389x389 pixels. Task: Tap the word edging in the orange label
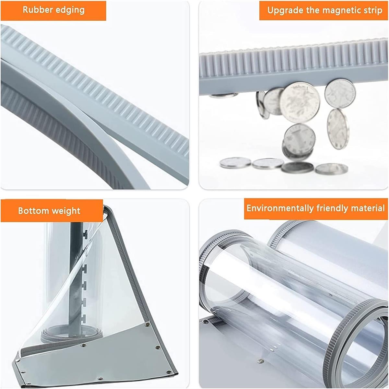[70, 10]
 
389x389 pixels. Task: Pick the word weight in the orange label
[64, 211]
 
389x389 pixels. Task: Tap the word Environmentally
[280, 208]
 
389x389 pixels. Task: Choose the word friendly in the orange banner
[336, 208]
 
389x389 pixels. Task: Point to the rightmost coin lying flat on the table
[331, 169]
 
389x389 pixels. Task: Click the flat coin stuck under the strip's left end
[223, 95]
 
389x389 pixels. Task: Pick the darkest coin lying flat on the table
[297, 167]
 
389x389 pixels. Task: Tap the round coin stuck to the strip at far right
[340, 93]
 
